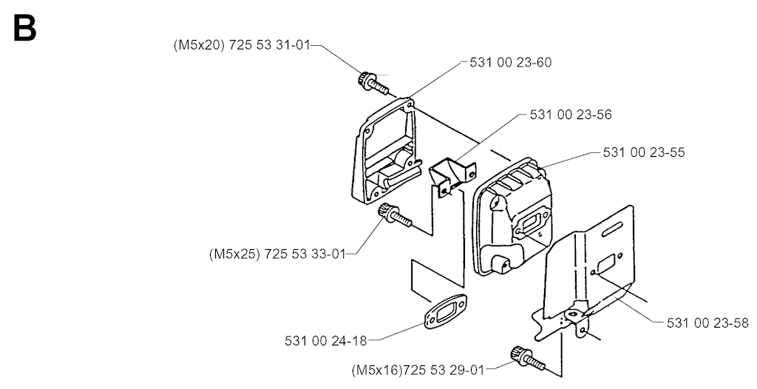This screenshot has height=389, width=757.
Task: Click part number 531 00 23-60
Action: (x=510, y=63)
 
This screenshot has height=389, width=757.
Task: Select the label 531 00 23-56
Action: (x=571, y=115)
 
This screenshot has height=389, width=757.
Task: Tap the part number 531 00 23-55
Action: (x=644, y=153)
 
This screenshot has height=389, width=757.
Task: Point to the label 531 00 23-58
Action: (x=707, y=323)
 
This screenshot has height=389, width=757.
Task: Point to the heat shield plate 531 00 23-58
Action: (x=591, y=274)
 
